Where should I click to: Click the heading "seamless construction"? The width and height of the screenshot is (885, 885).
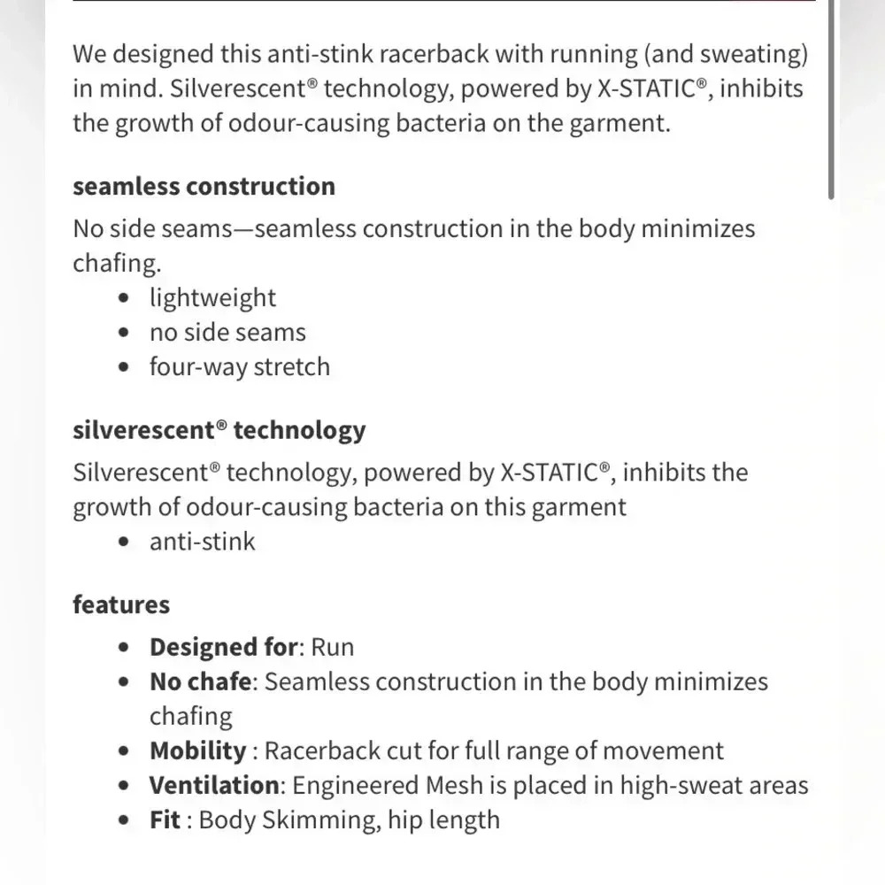[204, 187]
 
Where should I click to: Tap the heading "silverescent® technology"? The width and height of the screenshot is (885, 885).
[219, 430]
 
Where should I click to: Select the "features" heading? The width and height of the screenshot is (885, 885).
[121, 604]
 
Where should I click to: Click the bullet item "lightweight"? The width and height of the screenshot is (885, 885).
[212, 298]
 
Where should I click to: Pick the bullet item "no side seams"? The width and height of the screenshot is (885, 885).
[227, 333]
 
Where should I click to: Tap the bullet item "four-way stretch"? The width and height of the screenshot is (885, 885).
[239, 367]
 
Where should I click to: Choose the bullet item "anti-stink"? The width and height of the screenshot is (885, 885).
[202, 542]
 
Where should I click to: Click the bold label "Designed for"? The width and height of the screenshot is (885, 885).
[223, 647]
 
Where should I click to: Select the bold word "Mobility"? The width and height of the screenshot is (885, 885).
[197, 751]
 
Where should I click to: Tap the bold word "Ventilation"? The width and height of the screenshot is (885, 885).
[213, 785]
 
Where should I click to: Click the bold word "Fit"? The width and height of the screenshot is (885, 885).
[165, 820]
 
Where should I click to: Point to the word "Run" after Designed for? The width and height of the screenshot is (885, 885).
[333, 647]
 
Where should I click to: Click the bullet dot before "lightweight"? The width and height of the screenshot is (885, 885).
[127, 299]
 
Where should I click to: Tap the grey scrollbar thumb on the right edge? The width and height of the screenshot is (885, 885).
[831, 97]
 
